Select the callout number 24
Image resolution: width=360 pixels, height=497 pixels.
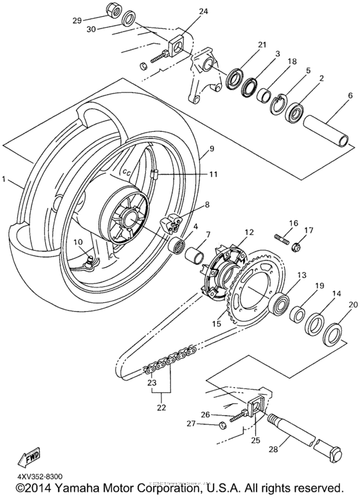pos(186,12)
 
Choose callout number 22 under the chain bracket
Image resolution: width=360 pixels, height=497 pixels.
pos(161,407)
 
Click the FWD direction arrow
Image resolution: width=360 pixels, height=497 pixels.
pos(31,458)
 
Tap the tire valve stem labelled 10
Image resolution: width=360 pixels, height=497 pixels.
pos(90,259)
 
